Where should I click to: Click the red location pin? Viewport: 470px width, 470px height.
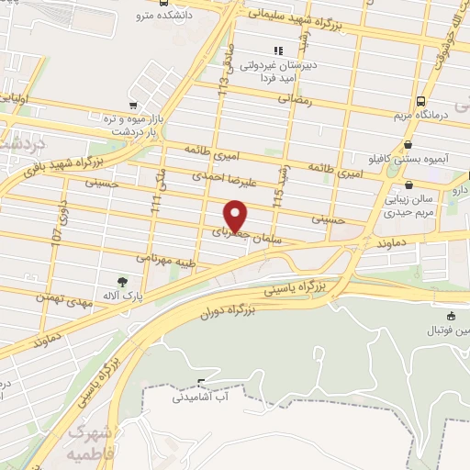236,215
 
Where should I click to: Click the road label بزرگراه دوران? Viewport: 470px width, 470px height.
235,307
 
